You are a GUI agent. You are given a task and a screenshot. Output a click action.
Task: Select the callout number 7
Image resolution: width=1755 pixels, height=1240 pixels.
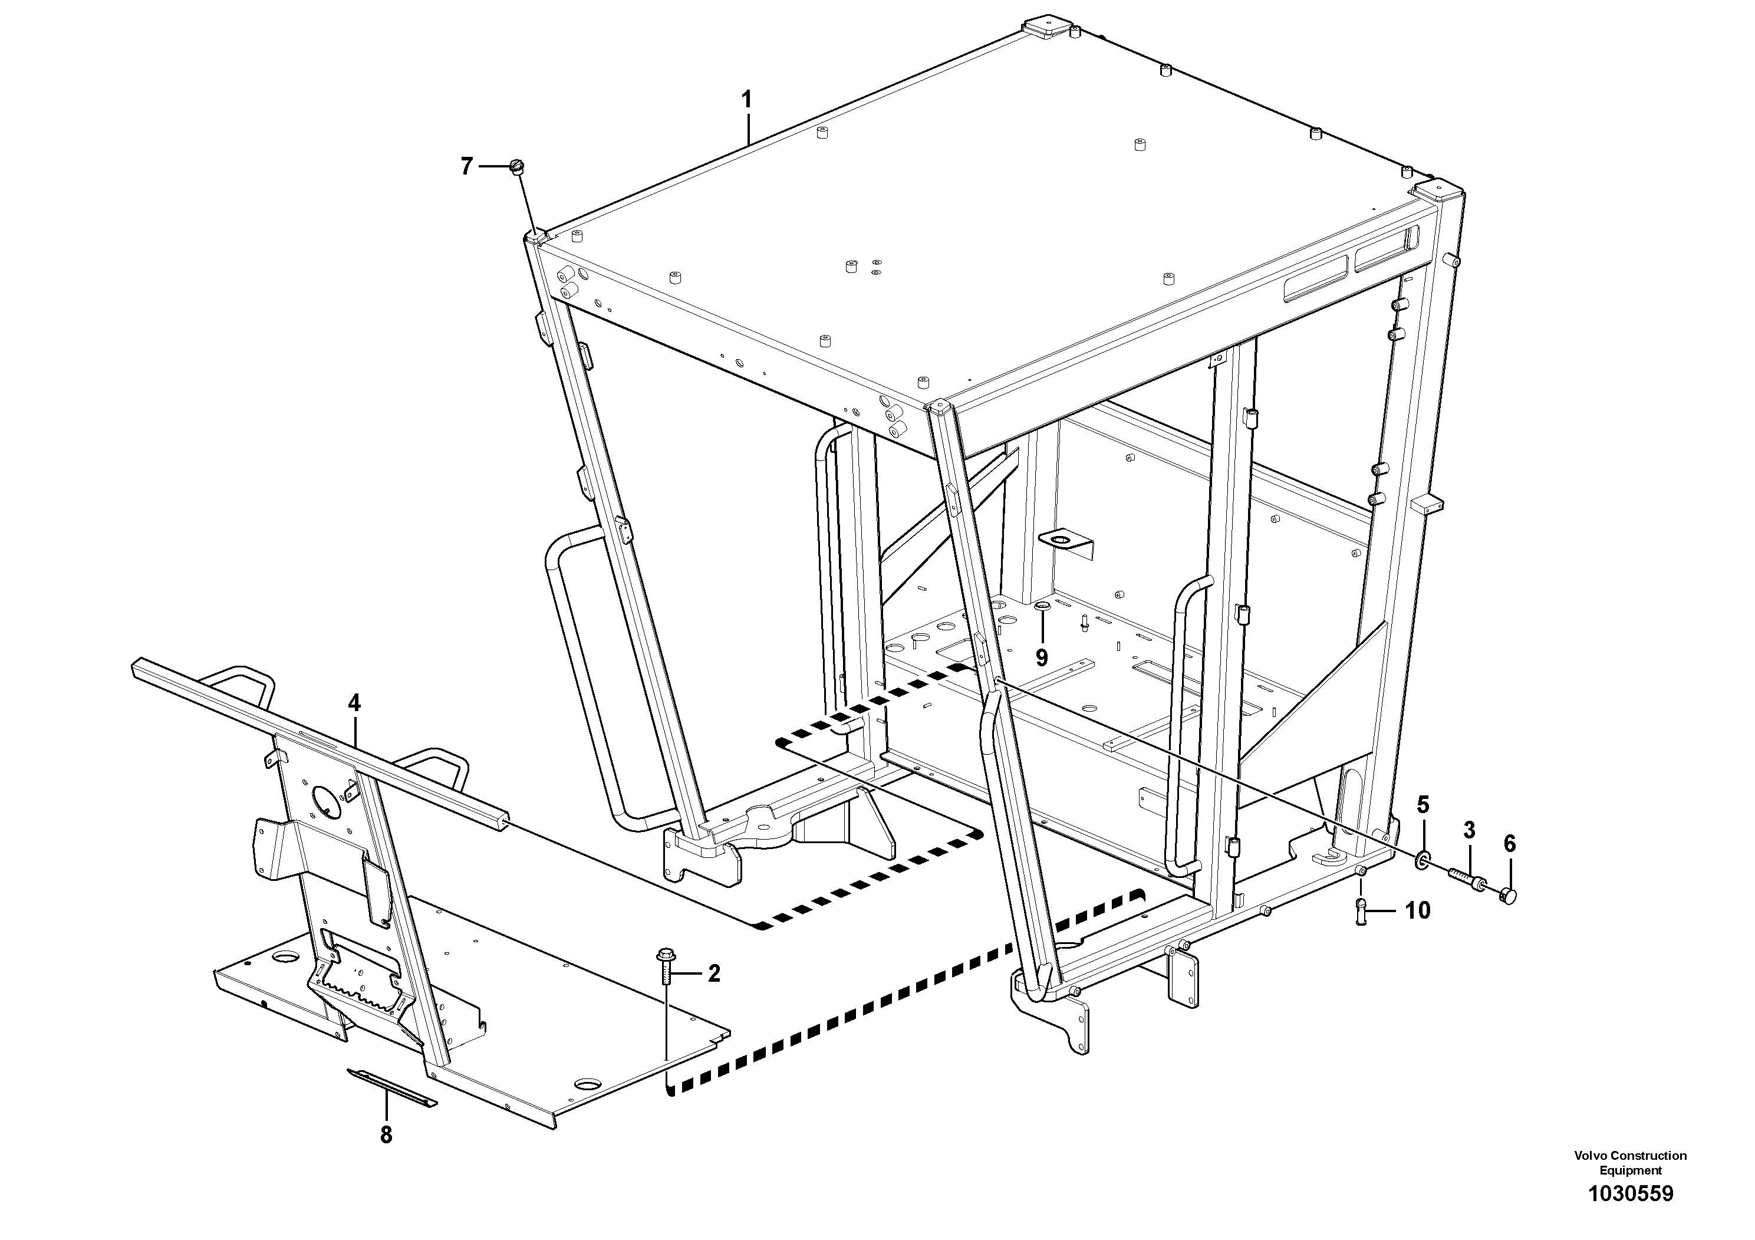(467, 166)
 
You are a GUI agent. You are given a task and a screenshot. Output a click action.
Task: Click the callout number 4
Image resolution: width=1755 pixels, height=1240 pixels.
(354, 703)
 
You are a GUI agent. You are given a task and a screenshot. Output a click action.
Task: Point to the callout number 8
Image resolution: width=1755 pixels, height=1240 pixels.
(386, 1135)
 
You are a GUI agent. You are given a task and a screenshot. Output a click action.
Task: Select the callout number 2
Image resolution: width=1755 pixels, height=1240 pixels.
(713, 973)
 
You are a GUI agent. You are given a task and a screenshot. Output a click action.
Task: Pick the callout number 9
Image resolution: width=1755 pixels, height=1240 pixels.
(1041, 657)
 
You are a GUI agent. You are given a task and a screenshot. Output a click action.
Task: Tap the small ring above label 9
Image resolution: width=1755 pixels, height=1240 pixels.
(1041, 607)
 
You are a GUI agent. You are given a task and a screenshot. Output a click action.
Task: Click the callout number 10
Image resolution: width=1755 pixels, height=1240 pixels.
(1417, 910)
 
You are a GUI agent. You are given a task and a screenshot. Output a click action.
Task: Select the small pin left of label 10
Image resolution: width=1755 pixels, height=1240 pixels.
(1361, 910)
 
